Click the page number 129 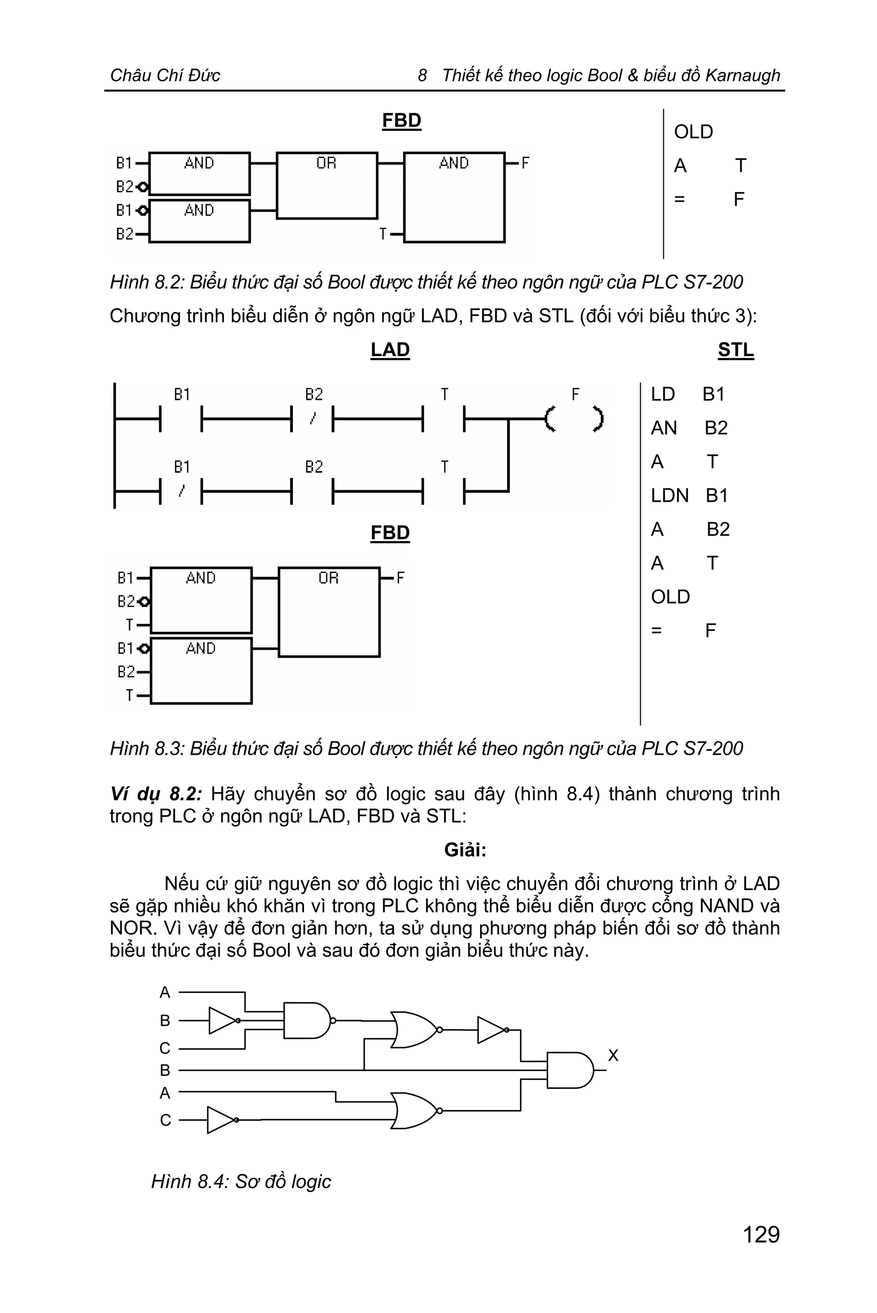761,1235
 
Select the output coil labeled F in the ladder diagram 574,419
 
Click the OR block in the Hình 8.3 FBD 329,612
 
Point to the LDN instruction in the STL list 669,495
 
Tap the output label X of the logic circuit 613,1055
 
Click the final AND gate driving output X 570,1070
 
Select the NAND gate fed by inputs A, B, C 307,1021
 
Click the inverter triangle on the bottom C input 221,1120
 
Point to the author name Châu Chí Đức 165,75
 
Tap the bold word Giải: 465,850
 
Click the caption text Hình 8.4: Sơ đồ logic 241,1182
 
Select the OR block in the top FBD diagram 327,185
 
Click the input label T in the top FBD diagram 382,234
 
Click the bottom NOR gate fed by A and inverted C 415,1111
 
